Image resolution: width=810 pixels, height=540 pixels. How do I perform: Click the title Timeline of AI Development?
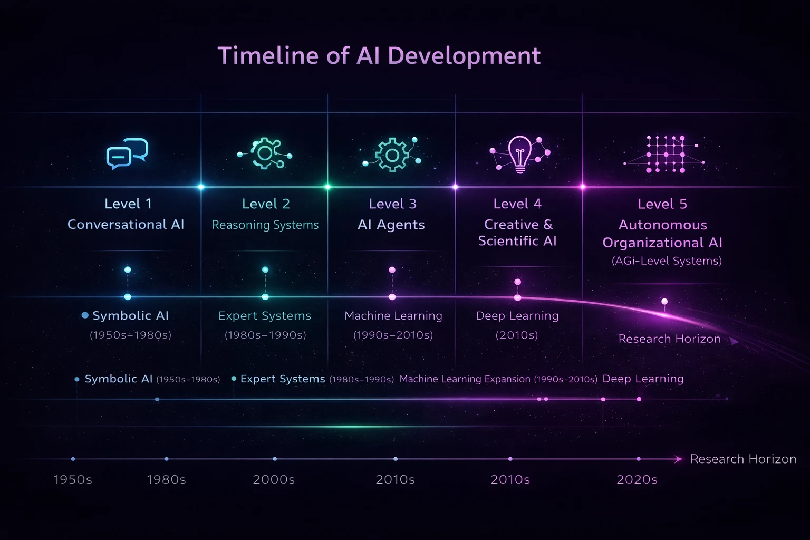[379, 56]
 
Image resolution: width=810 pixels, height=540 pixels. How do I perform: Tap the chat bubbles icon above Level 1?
[127, 153]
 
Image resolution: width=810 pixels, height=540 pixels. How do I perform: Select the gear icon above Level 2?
[265, 153]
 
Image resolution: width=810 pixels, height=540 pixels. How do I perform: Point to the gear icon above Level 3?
[392, 155]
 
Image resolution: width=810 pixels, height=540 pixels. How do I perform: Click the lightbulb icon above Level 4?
[520, 155]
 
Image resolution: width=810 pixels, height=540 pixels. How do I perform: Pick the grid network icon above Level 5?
[664, 154]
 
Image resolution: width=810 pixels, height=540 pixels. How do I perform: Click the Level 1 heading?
[128, 204]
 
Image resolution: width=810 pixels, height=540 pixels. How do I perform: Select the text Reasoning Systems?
[265, 225]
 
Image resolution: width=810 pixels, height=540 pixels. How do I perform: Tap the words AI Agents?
[391, 225]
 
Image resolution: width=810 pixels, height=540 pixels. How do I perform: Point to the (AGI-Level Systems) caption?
[667, 261]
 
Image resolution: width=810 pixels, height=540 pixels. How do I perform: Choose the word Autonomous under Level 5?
[663, 225]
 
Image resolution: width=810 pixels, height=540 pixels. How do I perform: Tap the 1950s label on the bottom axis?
[73, 479]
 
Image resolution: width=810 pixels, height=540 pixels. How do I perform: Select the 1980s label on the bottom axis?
[166, 479]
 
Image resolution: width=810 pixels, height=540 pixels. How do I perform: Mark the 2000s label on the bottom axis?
[274, 479]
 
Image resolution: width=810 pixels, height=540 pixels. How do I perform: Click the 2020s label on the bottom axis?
[637, 479]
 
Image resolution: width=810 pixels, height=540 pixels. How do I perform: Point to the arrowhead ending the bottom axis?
[679, 459]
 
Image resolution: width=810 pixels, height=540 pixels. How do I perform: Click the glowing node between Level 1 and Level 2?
[201, 187]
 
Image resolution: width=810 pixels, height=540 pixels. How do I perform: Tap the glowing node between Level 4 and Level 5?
[583, 187]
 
